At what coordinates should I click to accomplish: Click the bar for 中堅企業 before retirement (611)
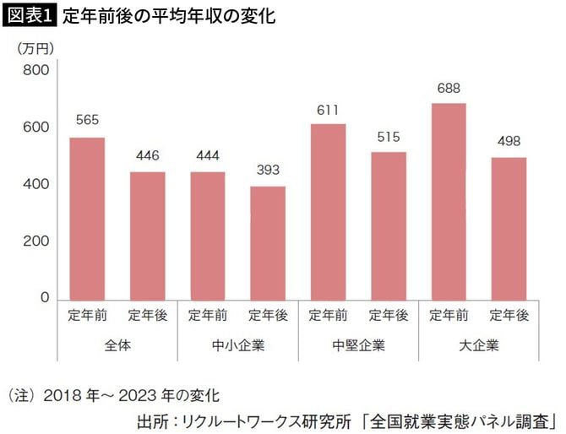pyautogui.click(x=328, y=211)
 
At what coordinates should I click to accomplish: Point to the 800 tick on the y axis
pyautogui.click(x=35, y=70)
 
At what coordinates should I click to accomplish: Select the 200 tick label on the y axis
pyautogui.click(x=35, y=241)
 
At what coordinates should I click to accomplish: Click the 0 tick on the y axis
pyautogui.click(x=45, y=298)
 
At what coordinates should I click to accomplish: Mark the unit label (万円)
pyautogui.click(x=35, y=48)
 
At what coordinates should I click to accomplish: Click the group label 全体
pyautogui.click(x=117, y=345)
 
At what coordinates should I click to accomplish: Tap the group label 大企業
pyautogui.click(x=479, y=345)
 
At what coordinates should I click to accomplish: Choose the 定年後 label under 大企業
pyautogui.click(x=509, y=316)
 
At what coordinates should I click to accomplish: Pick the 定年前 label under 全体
pyautogui.click(x=87, y=316)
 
